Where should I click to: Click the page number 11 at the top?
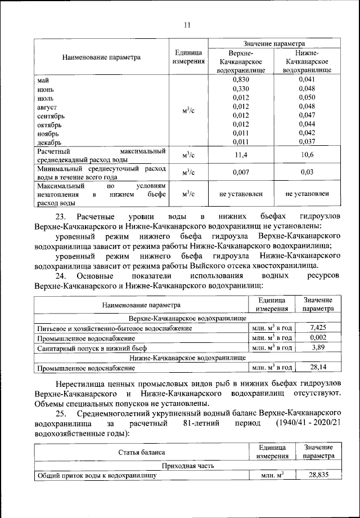(187, 24)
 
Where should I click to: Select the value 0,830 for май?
(240, 80)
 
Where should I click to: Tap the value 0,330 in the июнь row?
(240, 89)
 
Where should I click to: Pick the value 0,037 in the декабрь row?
(307, 142)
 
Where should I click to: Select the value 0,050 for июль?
(307, 97)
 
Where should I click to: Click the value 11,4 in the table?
(240, 154)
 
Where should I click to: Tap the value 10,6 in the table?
(307, 154)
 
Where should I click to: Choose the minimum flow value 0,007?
(240, 172)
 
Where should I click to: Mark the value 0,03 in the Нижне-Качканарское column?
(307, 172)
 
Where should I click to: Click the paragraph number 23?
(60, 217)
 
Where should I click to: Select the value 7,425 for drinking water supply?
(318, 327)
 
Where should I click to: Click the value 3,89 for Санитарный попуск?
(318, 347)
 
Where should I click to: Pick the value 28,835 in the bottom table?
(318, 475)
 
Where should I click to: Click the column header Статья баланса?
(141, 452)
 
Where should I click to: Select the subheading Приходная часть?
(187, 465)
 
